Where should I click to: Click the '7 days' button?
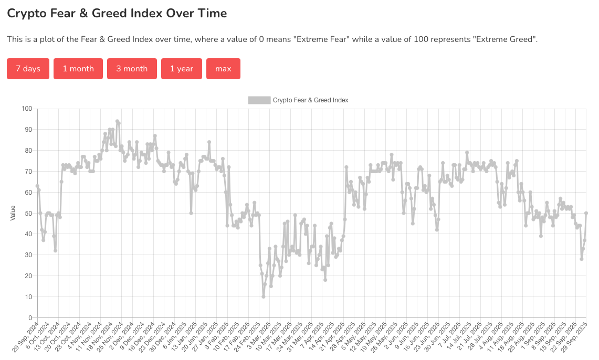(x=28, y=69)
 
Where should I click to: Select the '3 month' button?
(x=132, y=69)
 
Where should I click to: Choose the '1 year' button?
(x=182, y=69)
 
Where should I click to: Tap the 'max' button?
(x=223, y=69)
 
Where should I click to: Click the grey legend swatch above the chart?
(x=259, y=100)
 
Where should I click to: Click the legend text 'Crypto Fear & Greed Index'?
(x=310, y=100)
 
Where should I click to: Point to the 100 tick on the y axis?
(x=27, y=109)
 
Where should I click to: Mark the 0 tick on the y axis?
(x=30, y=317)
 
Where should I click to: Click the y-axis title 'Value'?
(x=13, y=213)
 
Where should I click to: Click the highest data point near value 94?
(x=117, y=121)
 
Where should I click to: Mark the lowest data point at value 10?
(x=264, y=297)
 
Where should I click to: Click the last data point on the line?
(x=586, y=213)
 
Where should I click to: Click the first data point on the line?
(x=37, y=186)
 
